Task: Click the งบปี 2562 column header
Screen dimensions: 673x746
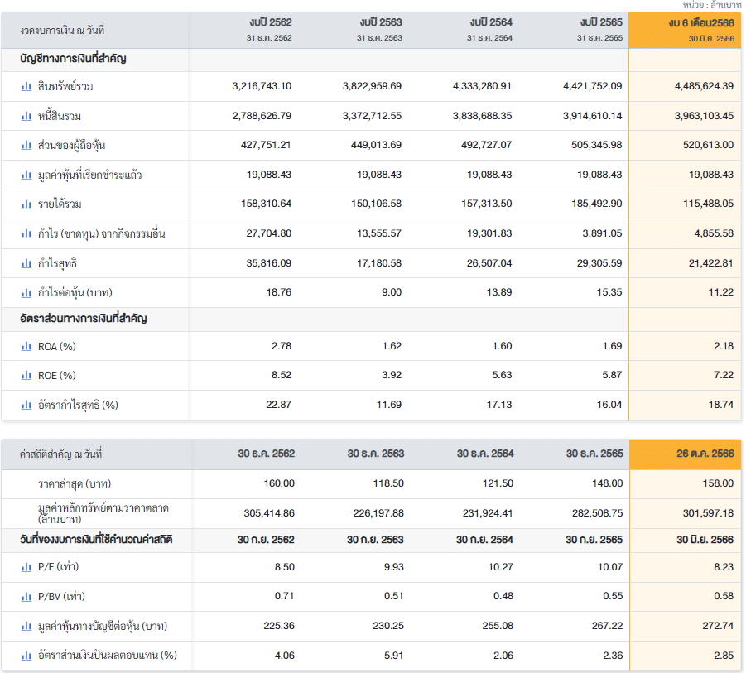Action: pyautogui.click(x=270, y=22)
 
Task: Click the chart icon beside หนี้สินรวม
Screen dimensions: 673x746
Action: pyautogui.click(x=26, y=116)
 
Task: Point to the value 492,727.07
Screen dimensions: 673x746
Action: pyautogui.click(x=482, y=145)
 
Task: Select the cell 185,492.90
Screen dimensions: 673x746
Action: pyautogui.click(x=592, y=204)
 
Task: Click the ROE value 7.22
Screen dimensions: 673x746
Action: pyautogui.click(x=723, y=375)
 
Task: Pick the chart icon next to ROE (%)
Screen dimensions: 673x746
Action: pyautogui.click(x=26, y=375)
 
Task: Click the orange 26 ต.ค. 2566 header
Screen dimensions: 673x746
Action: pyautogui.click(x=705, y=454)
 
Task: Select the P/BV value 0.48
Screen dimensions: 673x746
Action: pyautogui.click(x=502, y=596)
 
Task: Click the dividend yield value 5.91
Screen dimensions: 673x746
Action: pyautogui.click(x=392, y=655)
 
